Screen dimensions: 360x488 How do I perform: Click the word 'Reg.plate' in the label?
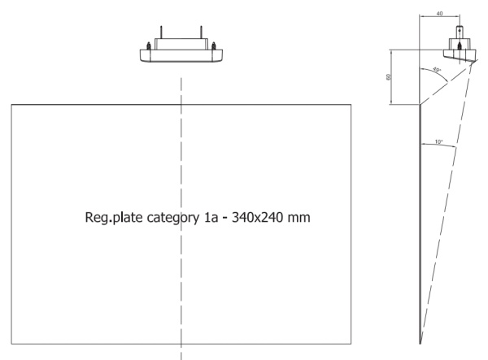pyautogui.click(x=111, y=218)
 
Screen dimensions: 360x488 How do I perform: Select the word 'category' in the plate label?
pyautogui.click(x=168, y=219)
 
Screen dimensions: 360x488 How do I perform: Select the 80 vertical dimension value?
pyautogui.click(x=389, y=76)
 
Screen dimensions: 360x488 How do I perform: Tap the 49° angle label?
pyautogui.click(x=437, y=69)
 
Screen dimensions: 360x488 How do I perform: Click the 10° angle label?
pyautogui.click(x=438, y=141)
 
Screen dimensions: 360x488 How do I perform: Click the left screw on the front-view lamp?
pyautogui.click(x=148, y=46)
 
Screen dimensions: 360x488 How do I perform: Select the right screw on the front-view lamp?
pyautogui.click(x=213, y=46)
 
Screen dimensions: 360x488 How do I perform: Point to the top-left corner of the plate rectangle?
pyautogui.click(x=11, y=104)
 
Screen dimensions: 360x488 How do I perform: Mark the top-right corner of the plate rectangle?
pyautogui.click(x=352, y=104)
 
